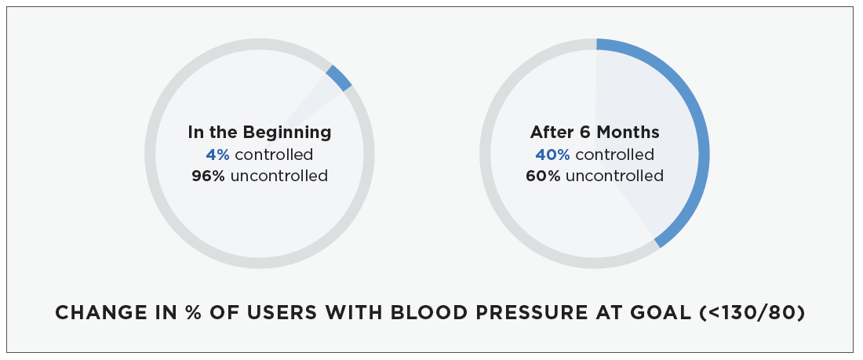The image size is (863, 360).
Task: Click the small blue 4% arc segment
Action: (338, 78)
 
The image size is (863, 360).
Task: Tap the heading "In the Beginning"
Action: (260, 132)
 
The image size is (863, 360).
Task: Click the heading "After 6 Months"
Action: (595, 132)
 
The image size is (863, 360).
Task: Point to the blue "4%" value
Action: (217, 155)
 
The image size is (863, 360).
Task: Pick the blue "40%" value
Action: (552, 155)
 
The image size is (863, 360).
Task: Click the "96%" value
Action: (208, 176)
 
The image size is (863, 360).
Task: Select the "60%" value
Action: (543, 176)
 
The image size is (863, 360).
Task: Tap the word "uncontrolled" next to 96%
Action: (279, 176)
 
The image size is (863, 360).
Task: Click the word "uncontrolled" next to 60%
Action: (614, 176)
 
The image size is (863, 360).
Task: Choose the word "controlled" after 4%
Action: (274, 155)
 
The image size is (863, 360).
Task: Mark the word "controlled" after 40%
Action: (615, 155)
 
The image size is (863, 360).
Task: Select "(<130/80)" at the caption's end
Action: (752, 313)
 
